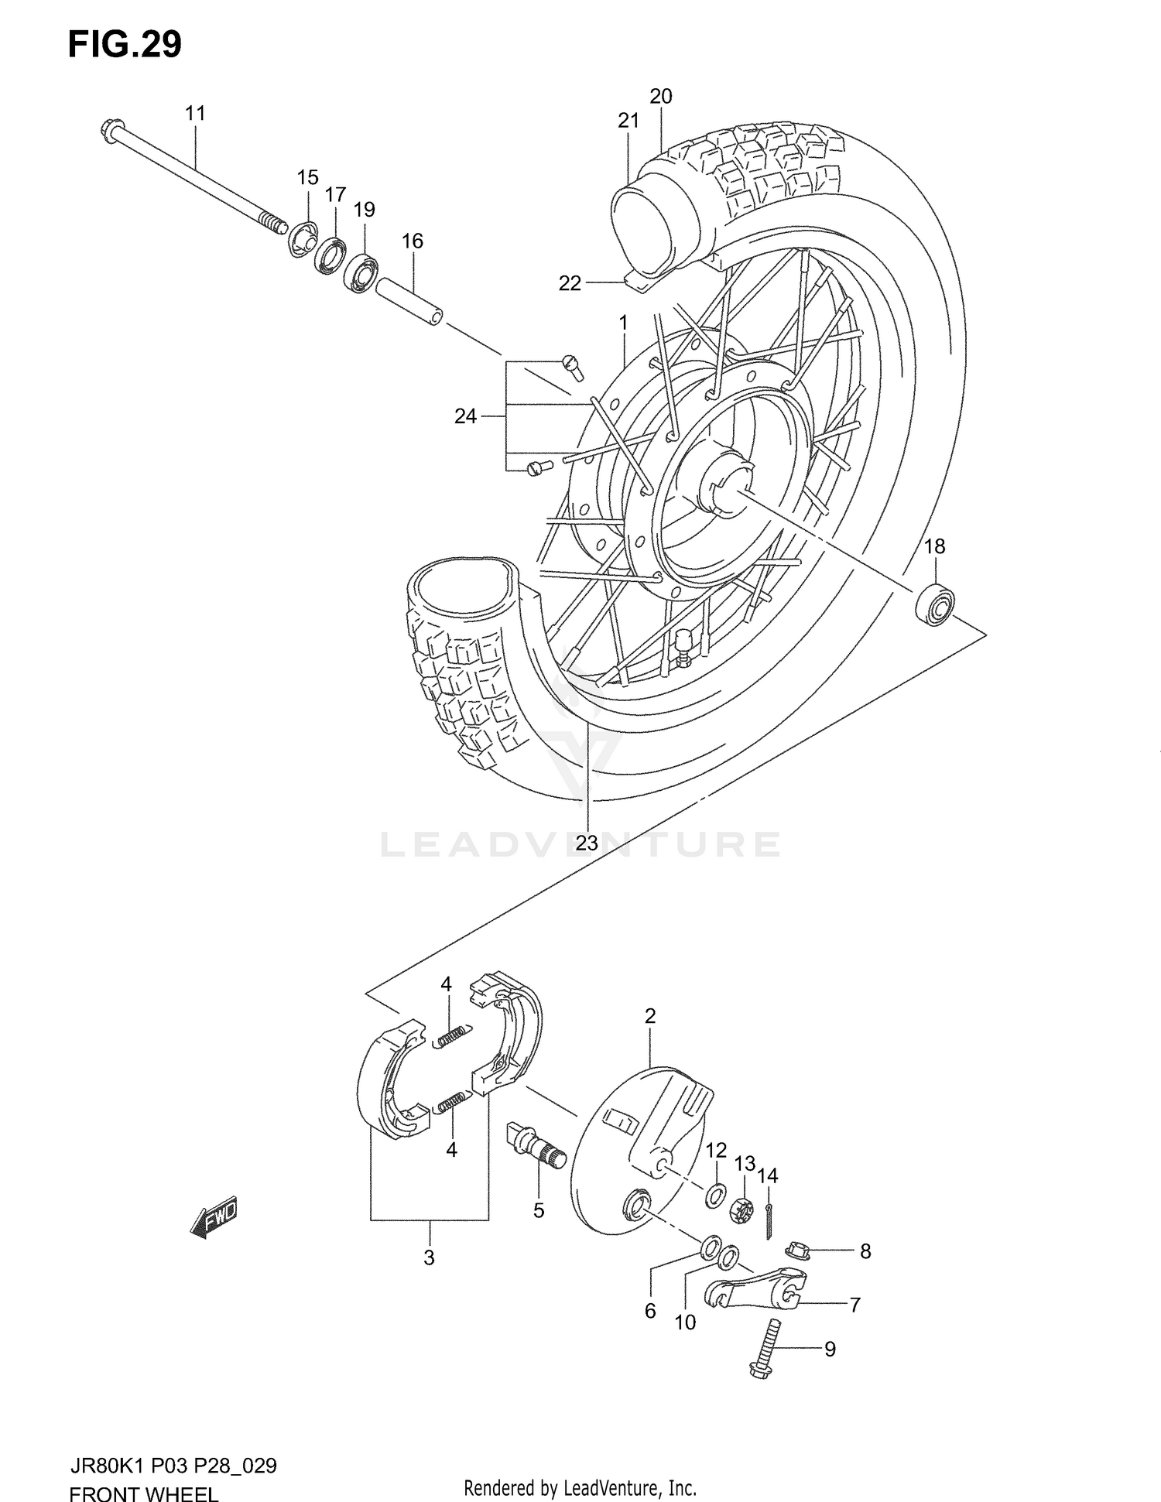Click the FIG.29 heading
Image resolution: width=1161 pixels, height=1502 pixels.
coord(125,45)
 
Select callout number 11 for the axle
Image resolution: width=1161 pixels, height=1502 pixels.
coord(195,114)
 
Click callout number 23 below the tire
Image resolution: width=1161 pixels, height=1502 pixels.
coord(587,843)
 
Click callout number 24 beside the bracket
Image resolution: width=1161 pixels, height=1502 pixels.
coord(464,416)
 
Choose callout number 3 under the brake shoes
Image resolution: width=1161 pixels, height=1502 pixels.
coord(429,1257)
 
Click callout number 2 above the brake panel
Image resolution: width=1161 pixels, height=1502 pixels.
coord(650,1016)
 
